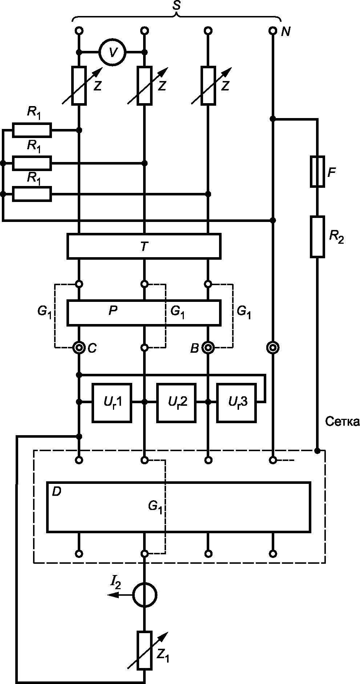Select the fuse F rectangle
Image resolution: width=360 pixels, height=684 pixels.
[x=317, y=172]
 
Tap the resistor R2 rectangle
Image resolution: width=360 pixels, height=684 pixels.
[x=317, y=237]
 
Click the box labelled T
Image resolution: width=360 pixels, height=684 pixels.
[x=143, y=246]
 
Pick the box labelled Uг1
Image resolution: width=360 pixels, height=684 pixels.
[x=112, y=402]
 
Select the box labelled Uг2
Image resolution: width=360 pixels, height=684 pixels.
[x=176, y=402]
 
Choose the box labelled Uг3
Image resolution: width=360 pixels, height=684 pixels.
[x=237, y=402]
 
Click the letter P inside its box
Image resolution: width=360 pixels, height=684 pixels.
[x=113, y=311]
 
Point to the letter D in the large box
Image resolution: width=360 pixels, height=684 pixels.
[x=57, y=492]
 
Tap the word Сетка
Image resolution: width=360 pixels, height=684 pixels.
[x=342, y=422]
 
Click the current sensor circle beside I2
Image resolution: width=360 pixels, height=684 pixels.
[x=145, y=595]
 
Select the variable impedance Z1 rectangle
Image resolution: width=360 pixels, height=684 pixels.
[x=145, y=650]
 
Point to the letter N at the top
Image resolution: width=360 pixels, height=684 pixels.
[x=286, y=32]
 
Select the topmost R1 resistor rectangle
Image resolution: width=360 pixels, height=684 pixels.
[x=32, y=130]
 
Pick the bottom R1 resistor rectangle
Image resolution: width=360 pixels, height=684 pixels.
[x=32, y=194]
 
